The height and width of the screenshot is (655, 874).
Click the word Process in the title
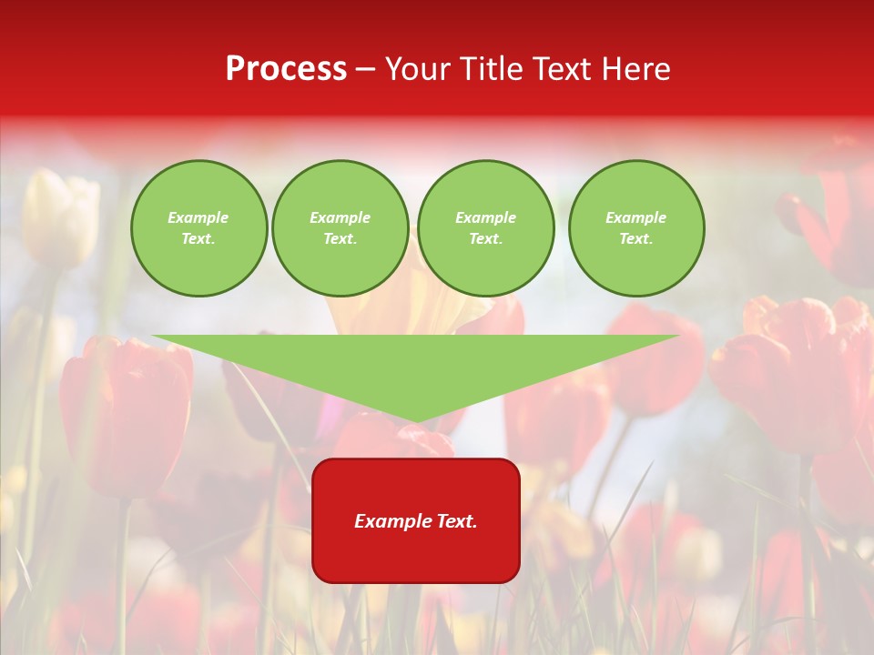(x=286, y=69)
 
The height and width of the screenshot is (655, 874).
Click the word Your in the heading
(x=420, y=69)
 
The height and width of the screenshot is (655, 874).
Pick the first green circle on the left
(x=199, y=228)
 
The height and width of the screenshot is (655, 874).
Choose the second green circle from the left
(x=340, y=228)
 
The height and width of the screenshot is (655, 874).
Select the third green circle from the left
(x=485, y=228)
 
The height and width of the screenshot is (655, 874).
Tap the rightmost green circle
(x=636, y=228)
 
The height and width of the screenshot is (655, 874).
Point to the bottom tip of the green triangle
(x=416, y=420)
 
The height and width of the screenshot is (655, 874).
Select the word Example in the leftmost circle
(x=198, y=218)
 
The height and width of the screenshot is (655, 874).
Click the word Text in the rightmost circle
(x=635, y=239)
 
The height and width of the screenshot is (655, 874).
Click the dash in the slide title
(x=365, y=69)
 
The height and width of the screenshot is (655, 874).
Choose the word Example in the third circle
(x=485, y=218)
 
